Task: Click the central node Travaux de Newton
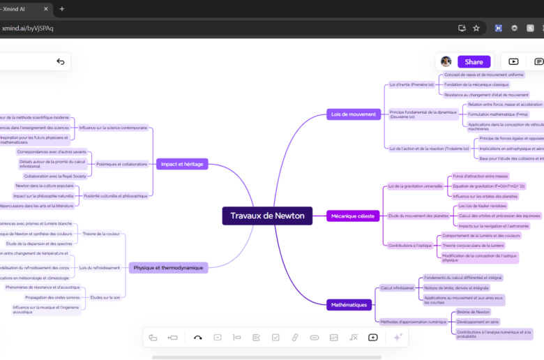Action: pos(267,216)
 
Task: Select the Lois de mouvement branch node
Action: pos(353,114)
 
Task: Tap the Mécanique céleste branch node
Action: pos(353,216)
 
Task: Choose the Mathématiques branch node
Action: pos(349,305)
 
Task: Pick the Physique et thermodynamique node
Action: pos(168,267)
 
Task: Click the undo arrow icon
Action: pos(61,62)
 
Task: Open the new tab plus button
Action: pos(61,9)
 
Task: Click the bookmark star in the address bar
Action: pos(476,28)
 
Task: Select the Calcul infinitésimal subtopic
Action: pos(396,287)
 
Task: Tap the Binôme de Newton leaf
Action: pos(473,312)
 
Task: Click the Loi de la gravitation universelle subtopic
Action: pos(415,186)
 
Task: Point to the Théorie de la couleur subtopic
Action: pos(101,234)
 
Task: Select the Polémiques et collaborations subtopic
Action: pos(122,164)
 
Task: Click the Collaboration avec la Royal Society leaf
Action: pos(50,176)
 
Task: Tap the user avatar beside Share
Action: pos(446,61)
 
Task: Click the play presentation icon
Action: pos(513,61)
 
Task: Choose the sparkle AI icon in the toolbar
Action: pos(398,338)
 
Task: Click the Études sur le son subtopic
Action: pos(105,297)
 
